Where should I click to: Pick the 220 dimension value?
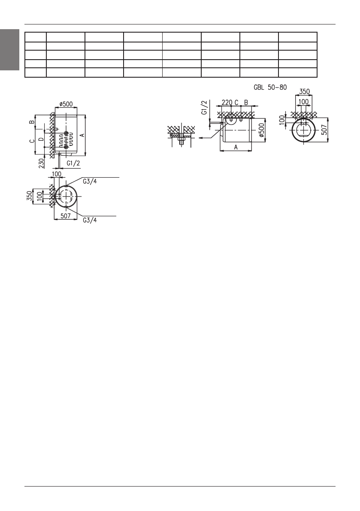pyautogui.click(x=227, y=103)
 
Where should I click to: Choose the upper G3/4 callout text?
pyautogui.click(x=90, y=181)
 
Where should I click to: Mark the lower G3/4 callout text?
pyautogui.click(x=90, y=220)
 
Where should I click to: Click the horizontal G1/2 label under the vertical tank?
pyautogui.click(x=73, y=163)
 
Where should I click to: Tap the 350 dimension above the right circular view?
pyautogui.click(x=304, y=91)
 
